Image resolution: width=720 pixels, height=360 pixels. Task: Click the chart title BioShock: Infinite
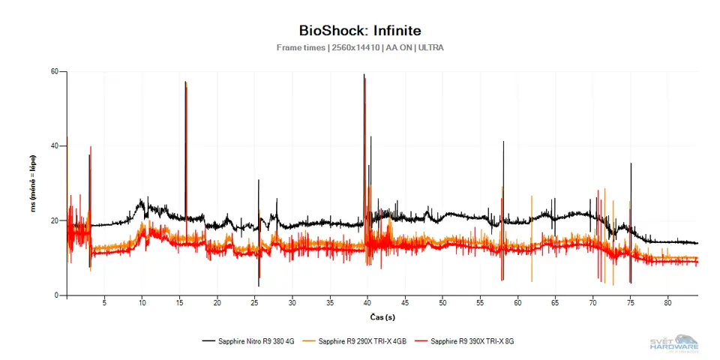(x=359, y=31)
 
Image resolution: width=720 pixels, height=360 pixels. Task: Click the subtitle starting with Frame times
(x=359, y=48)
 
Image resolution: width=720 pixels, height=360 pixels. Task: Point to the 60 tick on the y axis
(x=54, y=72)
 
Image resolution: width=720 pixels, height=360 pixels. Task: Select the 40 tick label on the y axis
(x=54, y=146)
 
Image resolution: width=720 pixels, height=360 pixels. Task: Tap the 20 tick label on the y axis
(x=54, y=220)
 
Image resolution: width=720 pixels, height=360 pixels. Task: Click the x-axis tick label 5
(x=104, y=304)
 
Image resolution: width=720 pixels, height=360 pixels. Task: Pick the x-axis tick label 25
(x=254, y=304)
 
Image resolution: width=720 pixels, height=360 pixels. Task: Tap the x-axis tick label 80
(x=667, y=304)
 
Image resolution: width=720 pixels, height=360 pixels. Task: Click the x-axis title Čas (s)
(x=382, y=317)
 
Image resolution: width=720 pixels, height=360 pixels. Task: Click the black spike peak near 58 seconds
(x=503, y=142)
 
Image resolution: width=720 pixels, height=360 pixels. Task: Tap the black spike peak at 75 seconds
(x=631, y=163)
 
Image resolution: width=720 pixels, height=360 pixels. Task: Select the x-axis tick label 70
(x=592, y=304)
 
